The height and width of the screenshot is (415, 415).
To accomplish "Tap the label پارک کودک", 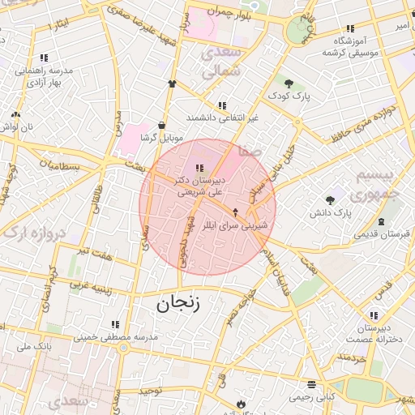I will coord(291,96).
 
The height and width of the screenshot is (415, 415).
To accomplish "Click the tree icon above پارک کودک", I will coord(289,82).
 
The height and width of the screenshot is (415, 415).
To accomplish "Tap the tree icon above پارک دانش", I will coord(330,199).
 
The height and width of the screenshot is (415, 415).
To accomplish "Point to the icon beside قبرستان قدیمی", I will coord(381,221).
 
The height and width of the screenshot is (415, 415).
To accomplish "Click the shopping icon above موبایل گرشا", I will coord(163,125).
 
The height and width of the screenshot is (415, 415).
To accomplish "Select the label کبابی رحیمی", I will coord(313,397).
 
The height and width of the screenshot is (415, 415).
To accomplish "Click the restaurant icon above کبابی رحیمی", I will coord(310,384).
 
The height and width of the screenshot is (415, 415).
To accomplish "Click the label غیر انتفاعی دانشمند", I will coord(221,118).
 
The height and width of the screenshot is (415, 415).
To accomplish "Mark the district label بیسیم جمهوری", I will coord(377,185).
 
